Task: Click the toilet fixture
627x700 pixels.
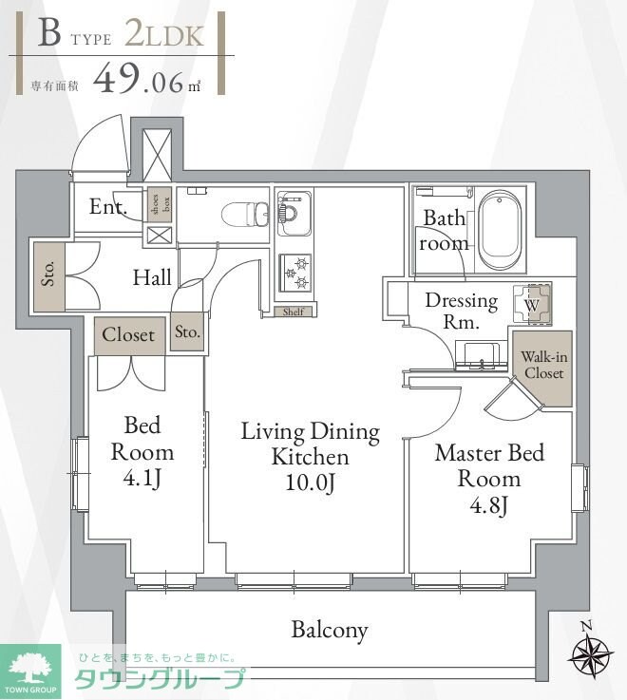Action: click(x=245, y=215)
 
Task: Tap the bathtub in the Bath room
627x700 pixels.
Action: click(x=500, y=230)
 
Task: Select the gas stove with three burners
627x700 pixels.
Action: click(x=294, y=274)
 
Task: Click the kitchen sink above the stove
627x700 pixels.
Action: click(x=294, y=213)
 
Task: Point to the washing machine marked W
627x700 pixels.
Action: click(x=532, y=305)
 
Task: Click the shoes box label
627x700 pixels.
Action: click(x=161, y=204)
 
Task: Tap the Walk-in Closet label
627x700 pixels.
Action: click(x=543, y=365)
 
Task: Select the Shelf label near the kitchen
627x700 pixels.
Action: click(x=294, y=312)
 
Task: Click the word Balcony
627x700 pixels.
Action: click(x=330, y=630)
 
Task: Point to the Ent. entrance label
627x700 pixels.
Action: click(x=108, y=206)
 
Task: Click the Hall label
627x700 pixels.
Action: click(x=152, y=277)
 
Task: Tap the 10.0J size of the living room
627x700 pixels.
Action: click(x=311, y=482)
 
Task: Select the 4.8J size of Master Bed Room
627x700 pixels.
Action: click(x=489, y=505)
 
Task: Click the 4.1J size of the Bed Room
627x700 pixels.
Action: click(x=142, y=479)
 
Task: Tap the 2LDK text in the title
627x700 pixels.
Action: click(x=164, y=35)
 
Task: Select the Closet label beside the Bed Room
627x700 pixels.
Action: click(x=128, y=334)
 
